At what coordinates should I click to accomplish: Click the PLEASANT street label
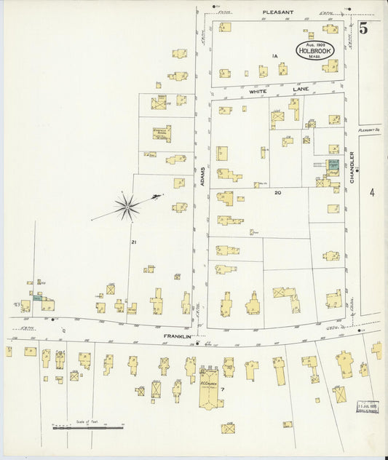278,12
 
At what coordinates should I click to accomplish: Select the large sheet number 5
363,29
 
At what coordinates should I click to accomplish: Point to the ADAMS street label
203,175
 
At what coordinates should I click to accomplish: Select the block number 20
277,192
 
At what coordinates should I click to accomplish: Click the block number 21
133,242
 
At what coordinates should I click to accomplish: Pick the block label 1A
274,56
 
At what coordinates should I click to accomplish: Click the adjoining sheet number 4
371,193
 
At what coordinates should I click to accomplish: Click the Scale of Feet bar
87,427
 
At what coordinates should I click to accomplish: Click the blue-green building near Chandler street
332,164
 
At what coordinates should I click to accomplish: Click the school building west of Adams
162,132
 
